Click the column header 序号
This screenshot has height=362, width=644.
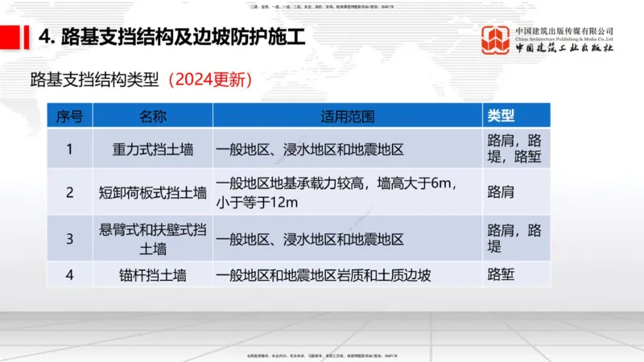pos(69,116)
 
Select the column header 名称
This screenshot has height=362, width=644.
pos(153,116)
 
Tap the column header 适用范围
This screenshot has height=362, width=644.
pos(348,116)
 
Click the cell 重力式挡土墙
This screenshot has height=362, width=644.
pos(153,149)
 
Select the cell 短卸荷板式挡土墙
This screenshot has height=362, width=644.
pos(153,192)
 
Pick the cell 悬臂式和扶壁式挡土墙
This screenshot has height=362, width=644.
pos(153,239)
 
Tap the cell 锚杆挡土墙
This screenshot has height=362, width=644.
pos(153,275)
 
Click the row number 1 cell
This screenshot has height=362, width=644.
pos(69,149)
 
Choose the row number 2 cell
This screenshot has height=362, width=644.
pos(69,192)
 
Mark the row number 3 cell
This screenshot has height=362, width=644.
pos(69,239)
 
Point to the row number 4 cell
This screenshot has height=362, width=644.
pos(69,275)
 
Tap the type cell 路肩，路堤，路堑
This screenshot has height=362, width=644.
pos(515,149)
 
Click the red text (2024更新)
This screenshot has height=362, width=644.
pos(210,80)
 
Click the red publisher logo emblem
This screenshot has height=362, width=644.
pos(495,39)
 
